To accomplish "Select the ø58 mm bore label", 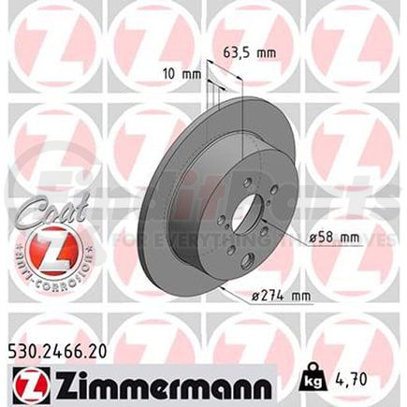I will pyautogui.click(x=335, y=240).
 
